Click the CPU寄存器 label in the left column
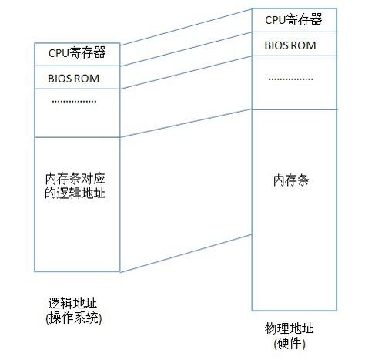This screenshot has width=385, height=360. [77, 52]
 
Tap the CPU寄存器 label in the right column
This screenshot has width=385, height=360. [293, 19]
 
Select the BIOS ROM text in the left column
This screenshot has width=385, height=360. [74, 79]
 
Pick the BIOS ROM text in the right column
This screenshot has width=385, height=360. [290, 45]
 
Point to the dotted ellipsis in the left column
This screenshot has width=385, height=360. [74, 101]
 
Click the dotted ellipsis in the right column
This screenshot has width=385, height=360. [291, 79]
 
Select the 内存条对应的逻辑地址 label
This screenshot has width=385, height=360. [75, 186]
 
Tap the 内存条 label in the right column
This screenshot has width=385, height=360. [291, 180]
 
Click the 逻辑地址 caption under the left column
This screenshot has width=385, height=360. [72, 303]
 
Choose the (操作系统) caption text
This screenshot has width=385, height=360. [74, 318]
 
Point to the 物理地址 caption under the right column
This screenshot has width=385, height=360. [289, 328]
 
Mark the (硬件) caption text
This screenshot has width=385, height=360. [290, 344]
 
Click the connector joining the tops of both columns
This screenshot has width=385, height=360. [186, 27]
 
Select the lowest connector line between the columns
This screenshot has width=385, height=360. [186, 253]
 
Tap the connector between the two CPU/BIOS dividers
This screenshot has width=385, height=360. [186, 49]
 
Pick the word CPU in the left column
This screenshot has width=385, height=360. [59, 53]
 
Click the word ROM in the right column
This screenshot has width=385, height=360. [303, 45]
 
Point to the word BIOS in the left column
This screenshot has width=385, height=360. [58, 79]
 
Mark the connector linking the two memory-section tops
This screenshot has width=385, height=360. [186, 123]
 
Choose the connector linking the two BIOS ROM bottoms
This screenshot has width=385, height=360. [186, 72]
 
